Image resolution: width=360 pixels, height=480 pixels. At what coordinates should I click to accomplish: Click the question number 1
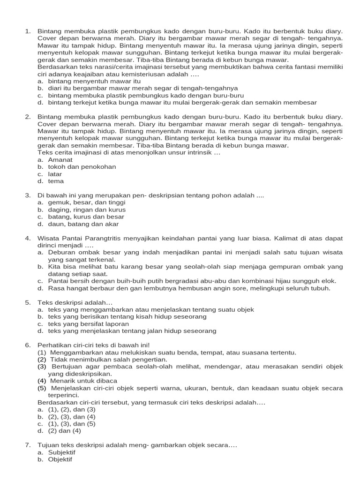click(28, 31)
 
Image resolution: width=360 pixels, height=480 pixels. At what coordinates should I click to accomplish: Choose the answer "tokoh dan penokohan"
click(82, 166)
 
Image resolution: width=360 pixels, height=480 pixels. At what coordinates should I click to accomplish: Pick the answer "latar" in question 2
click(55, 174)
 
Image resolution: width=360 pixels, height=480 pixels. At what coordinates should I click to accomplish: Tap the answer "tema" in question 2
click(56, 181)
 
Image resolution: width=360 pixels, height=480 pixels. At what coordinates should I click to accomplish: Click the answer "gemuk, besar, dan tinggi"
click(86, 202)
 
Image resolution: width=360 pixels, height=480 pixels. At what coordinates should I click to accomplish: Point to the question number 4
click(28, 238)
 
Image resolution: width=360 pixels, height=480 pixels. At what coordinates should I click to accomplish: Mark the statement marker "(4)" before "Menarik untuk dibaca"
click(42, 381)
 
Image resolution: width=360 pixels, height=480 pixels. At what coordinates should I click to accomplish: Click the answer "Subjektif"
click(61, 452)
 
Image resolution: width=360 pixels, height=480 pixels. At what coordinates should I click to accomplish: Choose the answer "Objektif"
click(60, 459)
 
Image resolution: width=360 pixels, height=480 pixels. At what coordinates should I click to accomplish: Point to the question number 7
click(28, 445)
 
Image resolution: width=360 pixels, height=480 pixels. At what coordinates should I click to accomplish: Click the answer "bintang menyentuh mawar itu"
click(88, 81)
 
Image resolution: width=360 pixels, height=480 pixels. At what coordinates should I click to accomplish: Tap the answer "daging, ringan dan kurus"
click(87, 210)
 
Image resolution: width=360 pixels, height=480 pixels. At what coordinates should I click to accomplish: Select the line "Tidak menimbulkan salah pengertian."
click(108, 359)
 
